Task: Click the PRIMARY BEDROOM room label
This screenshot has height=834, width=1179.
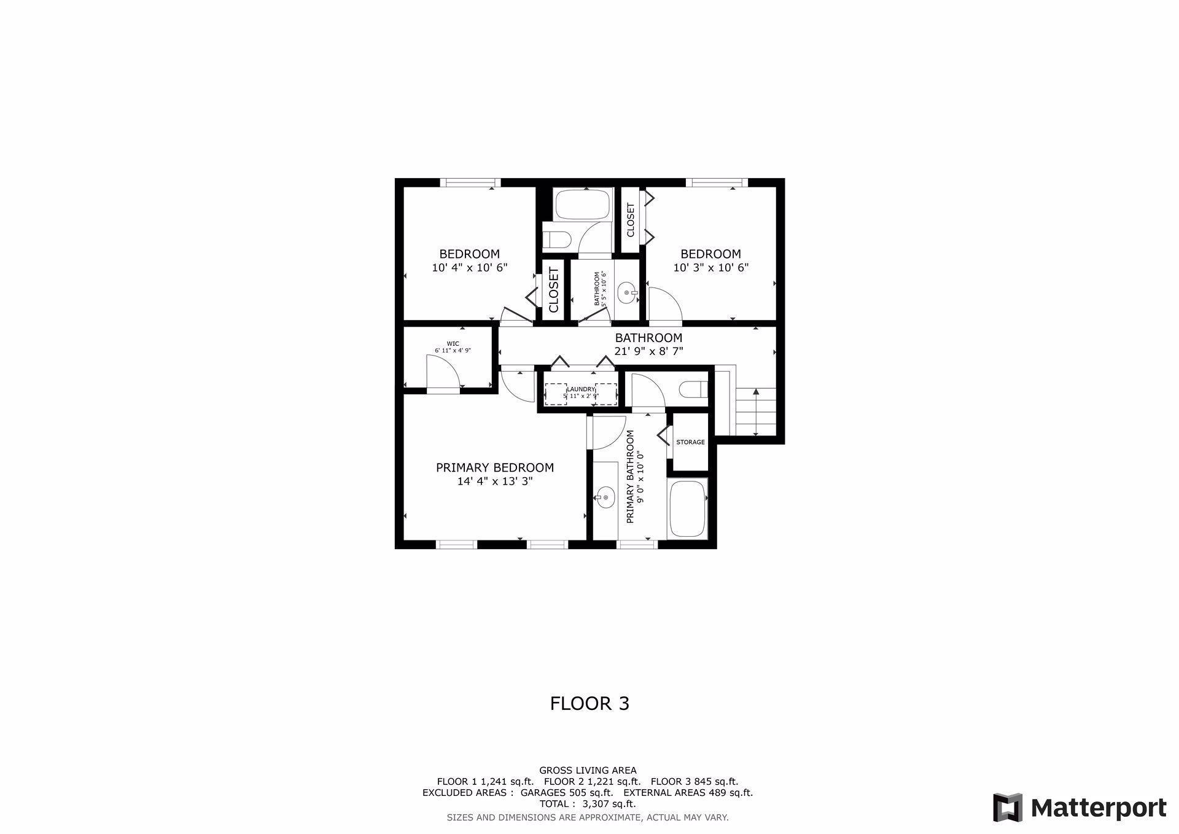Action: point(494,468)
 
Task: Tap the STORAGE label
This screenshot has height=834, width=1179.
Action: point(690,442)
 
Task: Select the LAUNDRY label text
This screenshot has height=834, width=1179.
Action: point(580,389)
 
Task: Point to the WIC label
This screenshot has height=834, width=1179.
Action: point(453,344)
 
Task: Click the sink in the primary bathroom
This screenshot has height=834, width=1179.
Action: point(605,497)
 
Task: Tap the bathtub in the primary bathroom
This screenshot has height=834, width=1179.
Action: point(688,509)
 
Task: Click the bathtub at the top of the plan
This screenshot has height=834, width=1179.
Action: point(583,205)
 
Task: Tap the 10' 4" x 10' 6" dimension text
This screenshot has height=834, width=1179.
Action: point(470,268)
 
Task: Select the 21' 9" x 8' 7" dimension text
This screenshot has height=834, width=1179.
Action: point(648,351)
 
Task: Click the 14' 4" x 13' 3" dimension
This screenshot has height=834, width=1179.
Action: point(494,481)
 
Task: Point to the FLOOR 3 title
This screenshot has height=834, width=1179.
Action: point(589,703)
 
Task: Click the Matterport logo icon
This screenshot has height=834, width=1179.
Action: point(1008,808)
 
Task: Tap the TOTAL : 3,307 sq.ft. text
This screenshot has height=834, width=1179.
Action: point(588,803)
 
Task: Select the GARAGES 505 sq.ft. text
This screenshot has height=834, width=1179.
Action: point(566,792)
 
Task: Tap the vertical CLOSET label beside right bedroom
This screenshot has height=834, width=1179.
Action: point(631,220)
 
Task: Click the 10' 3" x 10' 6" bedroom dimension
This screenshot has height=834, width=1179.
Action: point(710,268)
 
